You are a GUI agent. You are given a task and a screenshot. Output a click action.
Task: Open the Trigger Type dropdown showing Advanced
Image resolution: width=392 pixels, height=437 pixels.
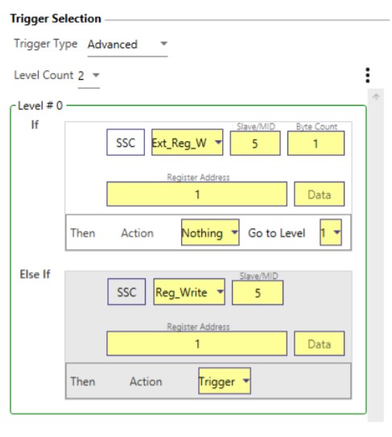(127, 44)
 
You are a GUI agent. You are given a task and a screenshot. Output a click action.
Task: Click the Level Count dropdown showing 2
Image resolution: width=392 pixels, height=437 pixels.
(89, 76)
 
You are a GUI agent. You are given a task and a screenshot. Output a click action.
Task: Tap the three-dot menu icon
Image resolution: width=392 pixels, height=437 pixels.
(368, 75)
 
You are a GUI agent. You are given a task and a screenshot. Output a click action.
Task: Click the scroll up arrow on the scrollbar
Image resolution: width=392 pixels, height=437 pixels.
(376, 97)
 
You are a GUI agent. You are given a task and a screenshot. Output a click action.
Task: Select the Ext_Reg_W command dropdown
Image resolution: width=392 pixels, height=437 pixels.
(188, 143)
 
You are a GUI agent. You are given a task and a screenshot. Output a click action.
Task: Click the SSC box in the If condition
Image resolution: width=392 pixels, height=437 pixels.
(126, 143)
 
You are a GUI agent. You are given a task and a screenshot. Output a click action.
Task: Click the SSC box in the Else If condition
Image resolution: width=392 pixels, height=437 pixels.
(126, 292)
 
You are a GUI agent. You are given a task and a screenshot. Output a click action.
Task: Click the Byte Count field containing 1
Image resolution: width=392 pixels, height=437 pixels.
(316, 144)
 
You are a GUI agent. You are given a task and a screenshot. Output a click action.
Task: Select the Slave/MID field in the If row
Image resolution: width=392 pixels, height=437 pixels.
(255, 144)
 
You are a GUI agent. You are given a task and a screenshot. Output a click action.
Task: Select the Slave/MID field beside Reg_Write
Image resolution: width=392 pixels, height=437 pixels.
(258, 293)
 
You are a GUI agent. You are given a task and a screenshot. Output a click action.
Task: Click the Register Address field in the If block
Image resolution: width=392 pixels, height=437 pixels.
(196, 194)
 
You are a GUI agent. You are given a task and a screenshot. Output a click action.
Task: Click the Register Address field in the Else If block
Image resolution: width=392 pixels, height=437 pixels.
(196, 343)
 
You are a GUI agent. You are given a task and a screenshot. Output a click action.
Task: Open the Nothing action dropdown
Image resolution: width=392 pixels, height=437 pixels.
(210, 232)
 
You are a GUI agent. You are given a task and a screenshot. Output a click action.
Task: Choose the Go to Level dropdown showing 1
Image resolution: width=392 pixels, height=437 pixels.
(331, 232)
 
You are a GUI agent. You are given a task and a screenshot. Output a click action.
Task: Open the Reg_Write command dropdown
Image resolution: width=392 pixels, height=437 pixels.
(189, 292)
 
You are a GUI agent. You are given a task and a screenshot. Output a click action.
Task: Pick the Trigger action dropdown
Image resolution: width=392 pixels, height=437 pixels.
(225, 381)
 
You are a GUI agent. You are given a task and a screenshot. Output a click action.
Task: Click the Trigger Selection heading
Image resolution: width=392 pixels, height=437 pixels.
(56, 19)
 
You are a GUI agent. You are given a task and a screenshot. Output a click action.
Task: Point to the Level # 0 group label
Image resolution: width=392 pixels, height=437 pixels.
(40, 106)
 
